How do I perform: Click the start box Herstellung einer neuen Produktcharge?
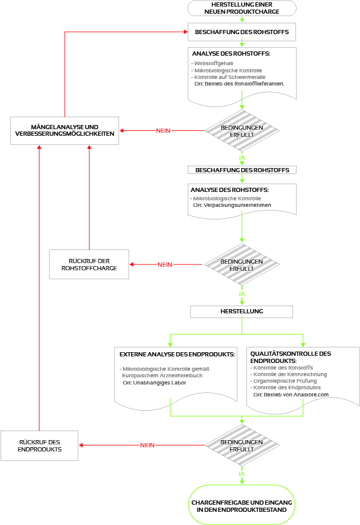242,8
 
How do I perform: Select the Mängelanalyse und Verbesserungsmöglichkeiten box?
65,131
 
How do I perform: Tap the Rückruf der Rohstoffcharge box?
89,264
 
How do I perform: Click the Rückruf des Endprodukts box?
39,445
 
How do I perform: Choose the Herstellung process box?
242,312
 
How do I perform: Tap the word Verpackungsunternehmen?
237,205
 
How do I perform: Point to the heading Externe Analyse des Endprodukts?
177,355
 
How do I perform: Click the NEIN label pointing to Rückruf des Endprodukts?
147,445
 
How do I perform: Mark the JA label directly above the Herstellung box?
242,294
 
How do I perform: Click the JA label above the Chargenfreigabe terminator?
242,474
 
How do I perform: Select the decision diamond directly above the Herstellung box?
242,265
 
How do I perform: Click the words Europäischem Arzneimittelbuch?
161,376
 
